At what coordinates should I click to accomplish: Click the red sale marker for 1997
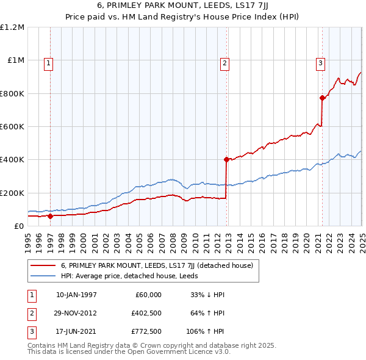(x=50, y=216)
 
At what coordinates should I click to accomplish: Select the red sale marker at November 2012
(x=226, y=159)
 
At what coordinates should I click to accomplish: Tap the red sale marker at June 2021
(x=321, y=98)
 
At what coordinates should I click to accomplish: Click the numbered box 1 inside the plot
(x=48, y=62)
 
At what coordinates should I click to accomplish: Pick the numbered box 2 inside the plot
(x=224, y=62)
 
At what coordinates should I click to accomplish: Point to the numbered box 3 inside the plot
(x=320, y=62)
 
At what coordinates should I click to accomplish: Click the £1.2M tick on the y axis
(x=12, y=27)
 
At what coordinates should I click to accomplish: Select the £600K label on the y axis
(x=12, y=127)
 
